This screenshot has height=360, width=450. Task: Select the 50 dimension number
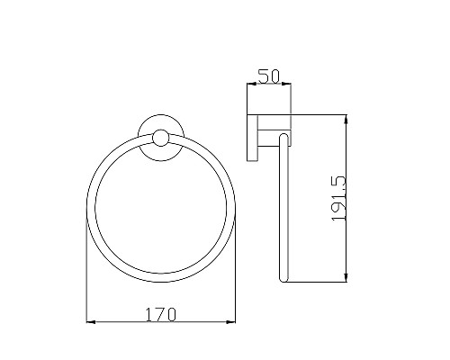pyautogui.click(x=267, y=76)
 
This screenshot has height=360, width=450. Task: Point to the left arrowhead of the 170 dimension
pyautogui.click(x=89, y=321)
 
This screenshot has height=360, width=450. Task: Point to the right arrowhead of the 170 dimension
pyautogui.click(x=232, y=321)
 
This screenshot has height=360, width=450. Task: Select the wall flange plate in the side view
pyautogui.click(x=254, y=138)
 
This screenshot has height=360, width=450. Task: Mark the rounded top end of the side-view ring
pyautogui.click(x=284, y=138)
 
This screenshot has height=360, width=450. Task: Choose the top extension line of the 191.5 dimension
pyautogui.click(x=315, y=115)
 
